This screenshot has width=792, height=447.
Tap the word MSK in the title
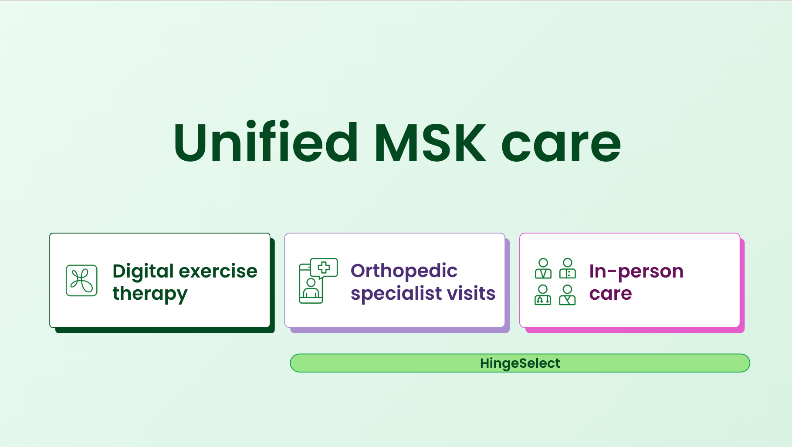coord(430,142)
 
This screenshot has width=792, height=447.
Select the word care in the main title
coord(561,146)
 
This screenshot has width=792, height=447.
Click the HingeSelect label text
coord(520,363)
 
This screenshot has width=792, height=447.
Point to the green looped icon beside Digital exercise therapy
coord(81,281)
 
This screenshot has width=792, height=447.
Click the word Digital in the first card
coord(143,272)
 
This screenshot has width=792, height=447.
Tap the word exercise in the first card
coord(219,271)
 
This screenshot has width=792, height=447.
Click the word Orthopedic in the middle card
coord(404,271)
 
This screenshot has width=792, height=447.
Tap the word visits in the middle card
coord(472,293)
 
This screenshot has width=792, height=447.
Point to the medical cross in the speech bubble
coord(324,267)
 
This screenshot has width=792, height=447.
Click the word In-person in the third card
coord(636,272)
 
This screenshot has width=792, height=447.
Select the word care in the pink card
coord(610,294)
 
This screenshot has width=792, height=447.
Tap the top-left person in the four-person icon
coord(543,268)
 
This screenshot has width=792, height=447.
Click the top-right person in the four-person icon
coord(568,268)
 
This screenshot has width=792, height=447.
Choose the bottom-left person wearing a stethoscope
coord(543,295)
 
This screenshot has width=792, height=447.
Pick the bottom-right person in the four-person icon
coord(567,295)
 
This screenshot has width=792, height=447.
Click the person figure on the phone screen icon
coord(311,288)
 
